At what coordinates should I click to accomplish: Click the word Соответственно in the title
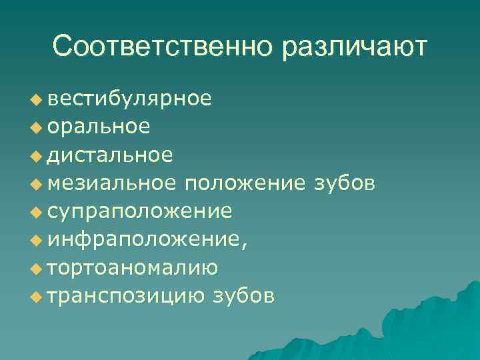point(163,47)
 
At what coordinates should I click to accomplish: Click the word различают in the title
point(354,47)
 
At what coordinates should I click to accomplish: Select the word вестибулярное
point(130,99)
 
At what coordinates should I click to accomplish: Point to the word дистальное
point(111,155)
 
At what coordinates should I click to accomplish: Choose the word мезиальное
point(113,183)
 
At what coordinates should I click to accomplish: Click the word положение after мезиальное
point(245,183)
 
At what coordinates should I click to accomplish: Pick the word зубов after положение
point(344,183)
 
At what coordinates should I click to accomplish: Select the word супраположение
point(140,211)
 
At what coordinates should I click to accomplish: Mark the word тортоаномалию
point(133,267)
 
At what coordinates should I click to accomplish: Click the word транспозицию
point(127,295)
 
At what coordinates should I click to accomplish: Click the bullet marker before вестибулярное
point(35,100)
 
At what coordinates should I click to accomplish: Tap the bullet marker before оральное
point(35,128)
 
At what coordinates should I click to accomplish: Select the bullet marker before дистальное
point(35,156)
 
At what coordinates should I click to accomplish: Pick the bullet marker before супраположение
point(35,213)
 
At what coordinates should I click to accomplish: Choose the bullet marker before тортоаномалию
point(35,269)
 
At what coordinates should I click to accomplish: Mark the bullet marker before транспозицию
point(35,297)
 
